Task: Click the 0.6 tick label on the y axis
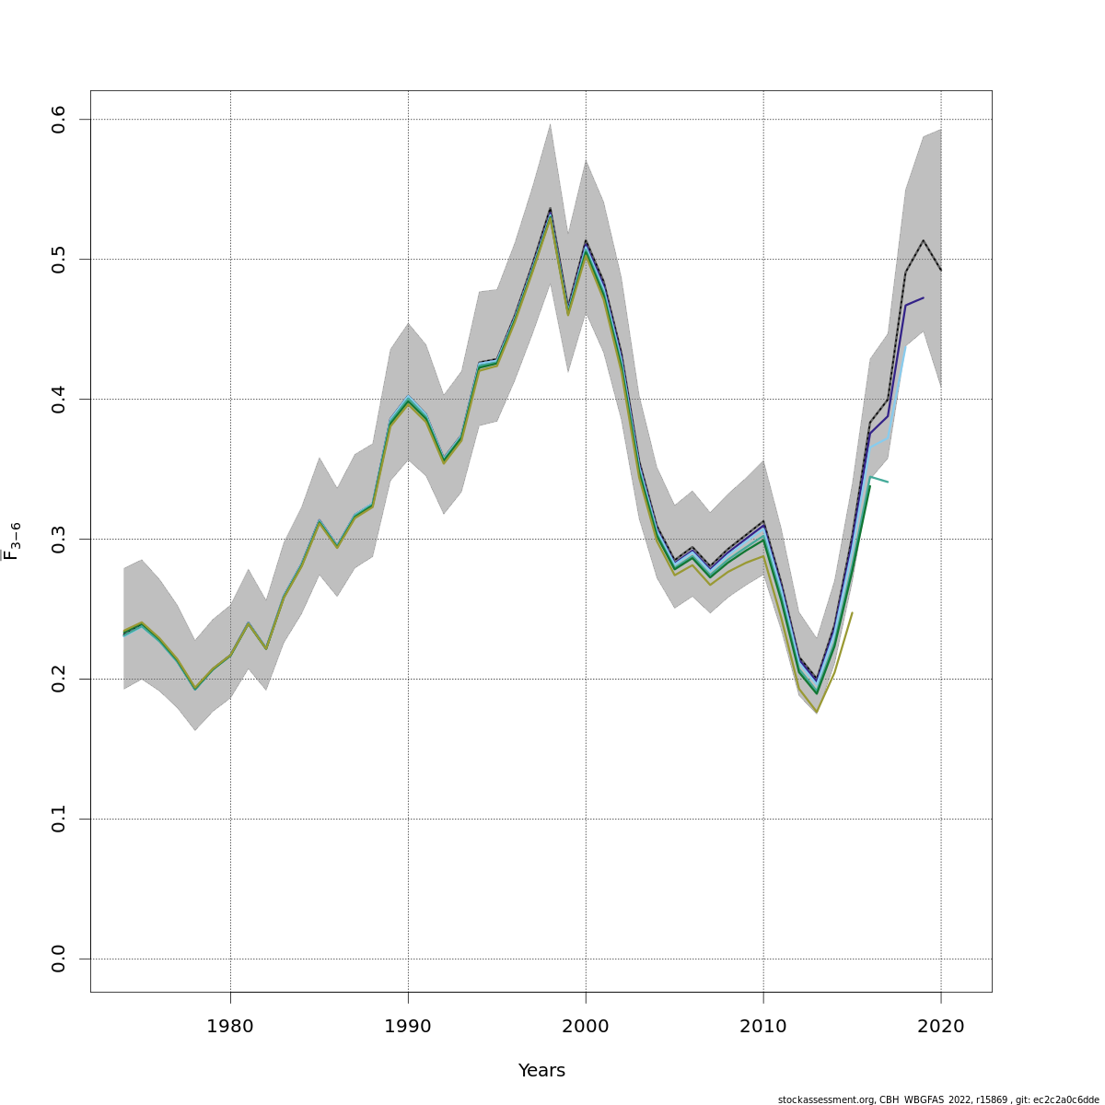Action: pyautogui.click(x=59, y=120)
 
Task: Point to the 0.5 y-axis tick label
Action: pyautogui.click(x=59, y=260)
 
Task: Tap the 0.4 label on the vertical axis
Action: pyautogui.click(x=59, y=400)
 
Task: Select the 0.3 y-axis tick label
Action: pyautogui.click(x=59, y=539)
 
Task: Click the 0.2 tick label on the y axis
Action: pyautogui.click(x=59, y=679)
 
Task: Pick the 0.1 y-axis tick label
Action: pyautogui.click(x=59, y=819)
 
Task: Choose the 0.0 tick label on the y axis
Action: pyautogui.click(x=59, y=959)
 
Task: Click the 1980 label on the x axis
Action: pyautogui.click(x=230, y=1026)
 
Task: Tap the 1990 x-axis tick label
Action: pyautogui.click(x=408, y=1026)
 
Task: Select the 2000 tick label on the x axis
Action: pyautogui.click(x=586, y=1026)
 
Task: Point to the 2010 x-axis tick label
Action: pyautogui.click(x=763, y=1026)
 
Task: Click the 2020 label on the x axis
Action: pyautogui.click(x=941, y=1026)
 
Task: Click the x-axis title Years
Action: pyautogui.click(x=541, y=1071)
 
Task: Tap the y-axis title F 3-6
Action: pyautogui.click(x=12, y=541)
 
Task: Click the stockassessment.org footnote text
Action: pyautogui.click(x=938, y=1099)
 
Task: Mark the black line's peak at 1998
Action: pyautogui.click(x=550, y=208)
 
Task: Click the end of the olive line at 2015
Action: pyautogui.click(x=852, y=612)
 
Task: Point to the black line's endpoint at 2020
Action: pyautogui.click(x=940, y=270)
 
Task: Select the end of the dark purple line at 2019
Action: pyautogui.click(x=923, y=298)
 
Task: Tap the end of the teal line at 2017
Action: pyautogui.click(x=888, y=482)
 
